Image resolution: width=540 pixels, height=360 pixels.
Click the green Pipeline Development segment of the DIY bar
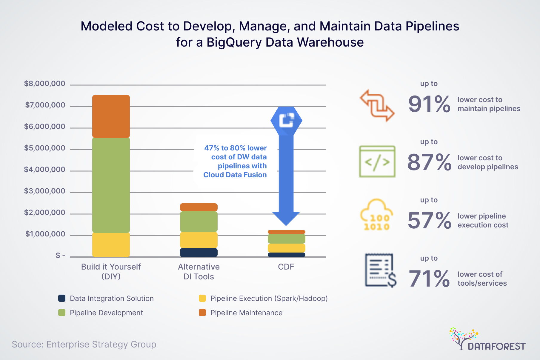pyautogui.click(x=111, y=185)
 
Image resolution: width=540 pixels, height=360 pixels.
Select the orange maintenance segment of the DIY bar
pyautogui.click(x=111, y=116)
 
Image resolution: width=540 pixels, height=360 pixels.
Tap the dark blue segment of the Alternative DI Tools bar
pyautogui.click(x=199, y=253)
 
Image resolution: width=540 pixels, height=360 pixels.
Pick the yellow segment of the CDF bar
pyautogui.click(x=286, y=248)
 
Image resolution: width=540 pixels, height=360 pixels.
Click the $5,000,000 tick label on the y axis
pyautogui.click(x=44, y=148)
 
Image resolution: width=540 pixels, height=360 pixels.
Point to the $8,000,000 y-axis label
pyautogui.click(x=44, y=84)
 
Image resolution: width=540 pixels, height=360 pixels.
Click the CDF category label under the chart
pyautogui.click(x=286, y=267)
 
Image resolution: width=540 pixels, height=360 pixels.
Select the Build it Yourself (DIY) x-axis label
pyautogui.click(x=111, y=271)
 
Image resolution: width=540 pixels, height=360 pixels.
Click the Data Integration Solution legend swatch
pyautogui.click(x=62, y=298)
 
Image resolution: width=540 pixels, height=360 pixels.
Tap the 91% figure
pyautogui.click(x=429, y=104)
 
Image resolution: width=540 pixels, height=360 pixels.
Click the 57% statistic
pyautogui.click(x=429, y=221)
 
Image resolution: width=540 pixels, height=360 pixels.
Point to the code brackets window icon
pyautogui.click(x=377, y=161)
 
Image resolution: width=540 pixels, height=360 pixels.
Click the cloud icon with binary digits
pyautogui.click(x=377, y=215)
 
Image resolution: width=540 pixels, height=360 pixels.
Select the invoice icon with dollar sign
pyautogui.click(x=380, y=270)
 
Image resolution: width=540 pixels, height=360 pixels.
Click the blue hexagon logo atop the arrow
pyautogui.click(x=286, y=120)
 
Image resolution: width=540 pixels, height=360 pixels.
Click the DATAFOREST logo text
pyautogui.click(x=496, y=346)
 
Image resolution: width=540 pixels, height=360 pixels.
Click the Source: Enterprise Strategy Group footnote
pyautogui.click(x=84, y=344)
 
